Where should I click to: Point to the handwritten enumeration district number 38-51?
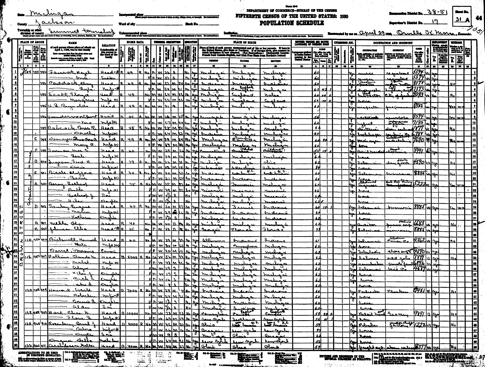click(437, 13)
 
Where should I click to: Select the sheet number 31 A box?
click(461, 20)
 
